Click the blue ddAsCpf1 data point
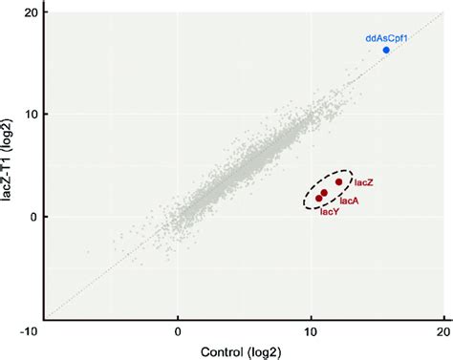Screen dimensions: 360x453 point(386,50)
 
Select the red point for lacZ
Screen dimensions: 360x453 point(338,181)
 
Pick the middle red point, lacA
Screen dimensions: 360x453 point(324,193)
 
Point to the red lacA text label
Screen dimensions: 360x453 point(349,201)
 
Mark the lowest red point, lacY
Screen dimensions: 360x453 point(319,199)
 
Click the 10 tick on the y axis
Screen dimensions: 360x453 point(31,114)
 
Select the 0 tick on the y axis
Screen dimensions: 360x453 point(34,217)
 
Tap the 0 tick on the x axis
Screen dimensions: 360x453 point(178,330)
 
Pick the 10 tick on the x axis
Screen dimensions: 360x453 point(310,330)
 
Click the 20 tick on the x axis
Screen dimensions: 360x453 point(442,330)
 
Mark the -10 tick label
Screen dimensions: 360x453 point(32,330)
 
